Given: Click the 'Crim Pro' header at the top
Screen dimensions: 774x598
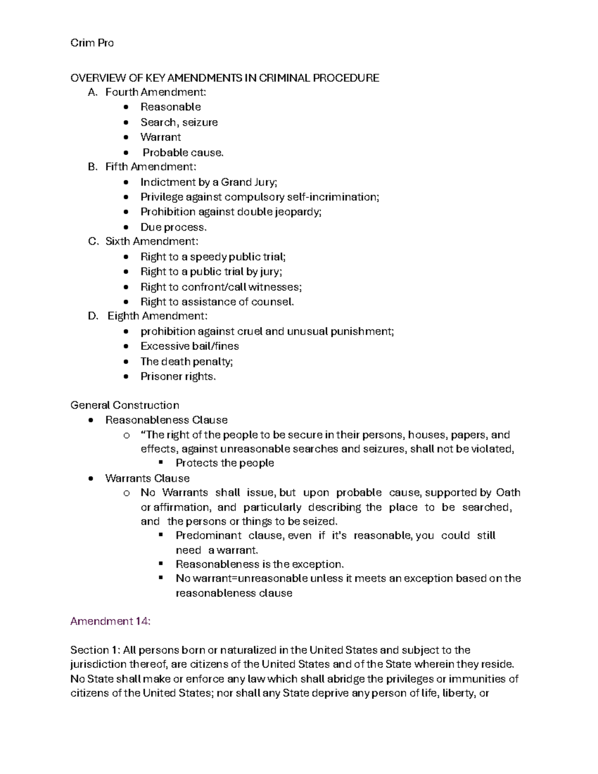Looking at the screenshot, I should [x=92, y=43].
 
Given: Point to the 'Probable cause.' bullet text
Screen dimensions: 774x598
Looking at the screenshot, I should [x=183, y=153].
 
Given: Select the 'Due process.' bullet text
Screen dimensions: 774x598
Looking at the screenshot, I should [x=173, y=227].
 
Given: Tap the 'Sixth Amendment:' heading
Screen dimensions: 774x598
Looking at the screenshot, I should [x=151, y=242].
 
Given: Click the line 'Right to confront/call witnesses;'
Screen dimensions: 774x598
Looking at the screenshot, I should [x=221, y=287].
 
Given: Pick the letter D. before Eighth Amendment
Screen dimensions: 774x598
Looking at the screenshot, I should [x=93, y=316].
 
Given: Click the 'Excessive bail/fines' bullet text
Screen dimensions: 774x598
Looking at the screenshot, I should [x=189, y=346].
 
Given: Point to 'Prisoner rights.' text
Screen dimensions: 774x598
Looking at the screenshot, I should [x=178, y=377].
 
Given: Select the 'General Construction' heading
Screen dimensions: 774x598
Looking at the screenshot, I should [x=125, y=405].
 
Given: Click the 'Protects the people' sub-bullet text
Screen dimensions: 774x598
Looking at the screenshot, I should [x=225, y=463].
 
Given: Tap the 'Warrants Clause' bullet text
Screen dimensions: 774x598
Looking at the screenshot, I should [x=147, y=478].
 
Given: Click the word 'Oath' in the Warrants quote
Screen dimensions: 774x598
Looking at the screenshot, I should [x=508, y=493].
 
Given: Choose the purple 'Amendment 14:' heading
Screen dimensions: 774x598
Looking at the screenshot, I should [x=110, y=621].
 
